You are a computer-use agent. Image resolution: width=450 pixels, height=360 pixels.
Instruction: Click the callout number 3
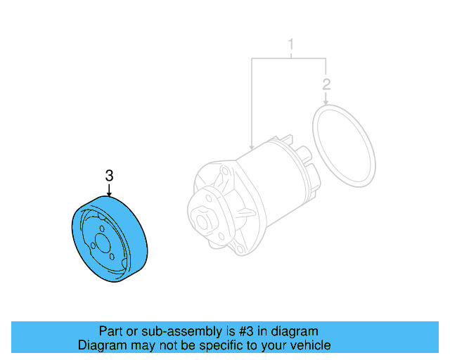click(x=109, y=175)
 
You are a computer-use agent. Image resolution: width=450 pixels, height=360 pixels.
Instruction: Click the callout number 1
click(x=290, y=47)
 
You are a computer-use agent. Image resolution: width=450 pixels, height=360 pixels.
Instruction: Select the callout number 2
click(x=326, y=86)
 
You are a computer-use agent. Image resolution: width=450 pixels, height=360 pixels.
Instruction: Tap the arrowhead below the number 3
click(x=109, y=193)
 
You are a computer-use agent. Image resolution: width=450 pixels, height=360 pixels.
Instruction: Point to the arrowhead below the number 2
click(x=326, y=103)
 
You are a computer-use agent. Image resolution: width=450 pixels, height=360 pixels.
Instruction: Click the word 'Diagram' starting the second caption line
click(x=101, y=345)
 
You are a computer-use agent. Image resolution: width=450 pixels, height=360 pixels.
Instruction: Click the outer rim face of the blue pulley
click(x=136, y=239)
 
